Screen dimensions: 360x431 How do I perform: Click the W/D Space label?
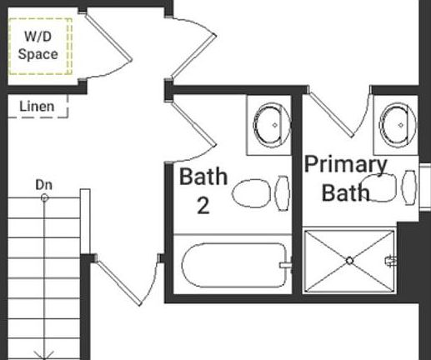point(39,45)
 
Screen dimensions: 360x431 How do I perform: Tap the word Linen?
point(37,106)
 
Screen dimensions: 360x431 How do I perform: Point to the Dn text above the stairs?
point(44,183)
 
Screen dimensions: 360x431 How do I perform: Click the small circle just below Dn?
point(44,197)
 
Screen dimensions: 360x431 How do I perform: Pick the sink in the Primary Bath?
point(397,123)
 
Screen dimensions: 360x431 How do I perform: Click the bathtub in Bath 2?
point(234,266)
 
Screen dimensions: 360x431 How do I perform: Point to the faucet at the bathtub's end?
point(286,266)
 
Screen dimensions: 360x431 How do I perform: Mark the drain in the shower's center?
point(349,261)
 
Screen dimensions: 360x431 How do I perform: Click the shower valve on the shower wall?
point(389,261)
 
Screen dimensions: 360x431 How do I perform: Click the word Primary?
point(345,164)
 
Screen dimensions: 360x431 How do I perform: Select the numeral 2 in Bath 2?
point(203,205)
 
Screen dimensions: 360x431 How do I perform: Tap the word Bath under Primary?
point(345,193)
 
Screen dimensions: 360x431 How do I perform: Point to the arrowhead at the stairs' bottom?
point(44,353)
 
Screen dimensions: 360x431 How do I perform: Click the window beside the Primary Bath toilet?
point(424,186)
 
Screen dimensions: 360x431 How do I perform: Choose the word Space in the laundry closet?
point(39,54)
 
